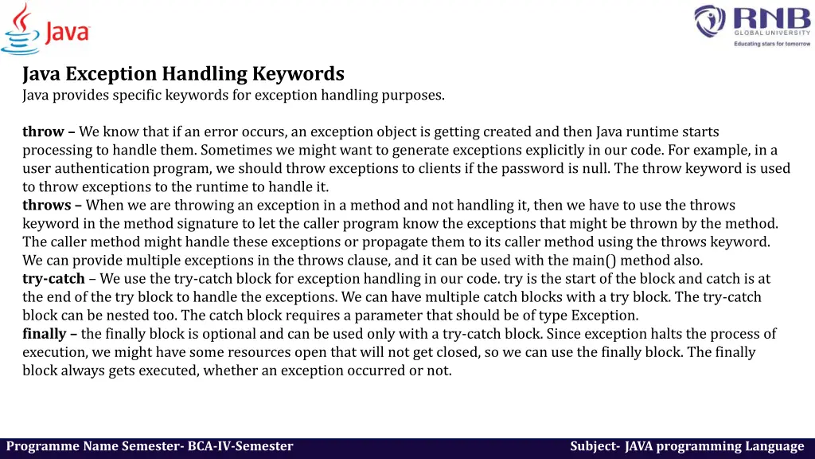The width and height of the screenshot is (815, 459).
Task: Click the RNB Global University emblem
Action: tap(709, 22)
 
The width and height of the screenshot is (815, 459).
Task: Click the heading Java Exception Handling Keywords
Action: tap(183, 74)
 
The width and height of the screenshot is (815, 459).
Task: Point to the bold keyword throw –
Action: tap(49, 131)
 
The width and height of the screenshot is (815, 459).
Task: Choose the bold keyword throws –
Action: tap(52, 206)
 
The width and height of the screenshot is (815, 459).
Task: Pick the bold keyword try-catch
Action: tap(53, 279)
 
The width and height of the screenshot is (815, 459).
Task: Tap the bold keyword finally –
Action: tap(50, 334)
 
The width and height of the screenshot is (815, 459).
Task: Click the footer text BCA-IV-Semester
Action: tap(240, 447)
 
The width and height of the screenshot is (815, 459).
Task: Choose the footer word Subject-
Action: tap(595, 447)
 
